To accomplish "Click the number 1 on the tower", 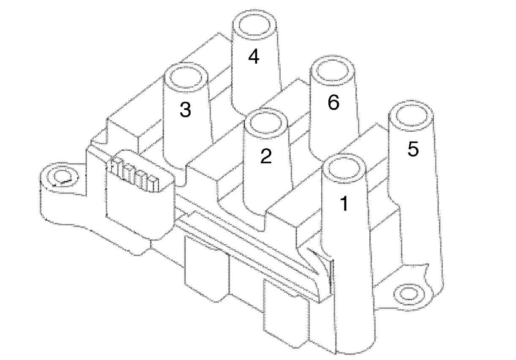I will point(344,204).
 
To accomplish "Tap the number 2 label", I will point(266,157).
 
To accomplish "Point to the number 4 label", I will point(254,57).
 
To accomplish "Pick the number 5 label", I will point(413,149).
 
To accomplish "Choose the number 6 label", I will point(333,103).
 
